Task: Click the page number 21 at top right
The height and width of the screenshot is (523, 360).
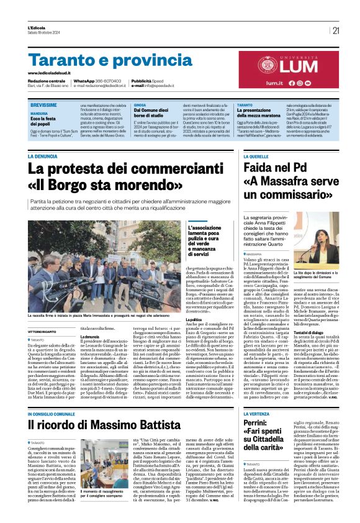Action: point(336,30)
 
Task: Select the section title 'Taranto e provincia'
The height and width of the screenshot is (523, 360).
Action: point(102,60)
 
